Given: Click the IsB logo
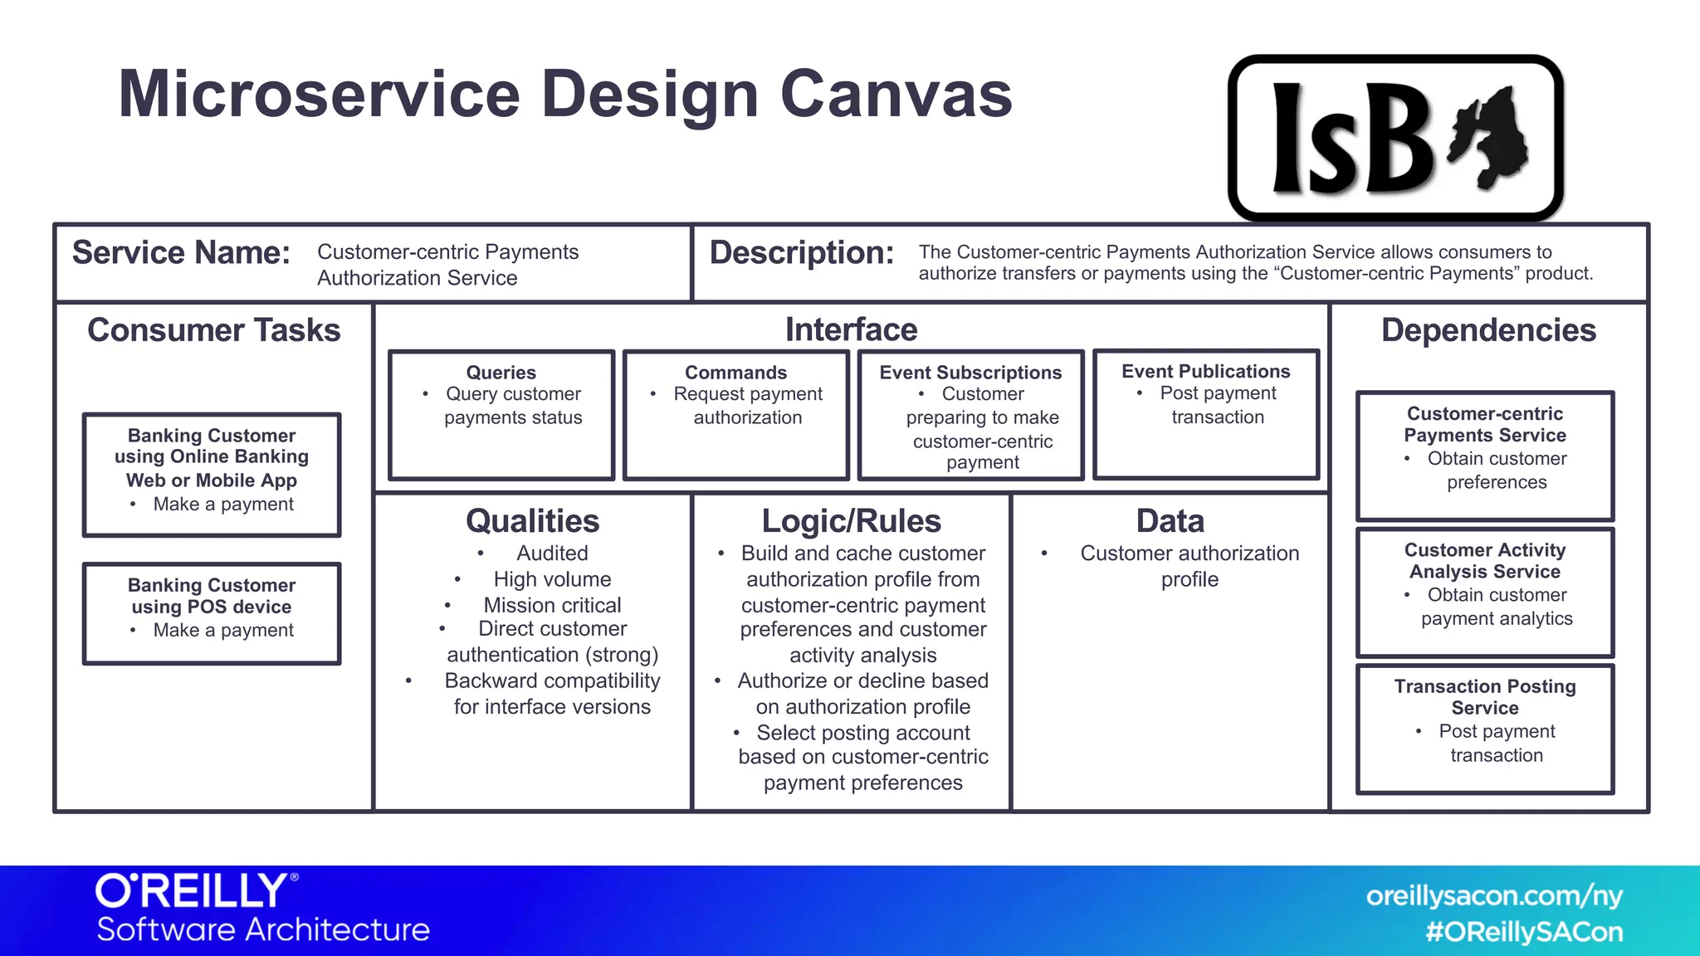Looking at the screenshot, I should pos(1395,138).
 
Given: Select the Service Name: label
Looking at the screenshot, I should pos(181,252).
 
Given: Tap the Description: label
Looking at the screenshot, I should pos(801,252).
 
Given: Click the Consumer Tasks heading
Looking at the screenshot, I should pos(213,330).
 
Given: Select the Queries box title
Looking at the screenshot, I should pos(501,373).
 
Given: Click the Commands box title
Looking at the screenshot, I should pos(735,373).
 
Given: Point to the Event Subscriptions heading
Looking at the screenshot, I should pos(970,373).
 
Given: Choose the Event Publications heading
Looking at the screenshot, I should pos(1205,371).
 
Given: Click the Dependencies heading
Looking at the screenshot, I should pos(1488,330).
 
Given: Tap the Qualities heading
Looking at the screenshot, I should pos(532,521).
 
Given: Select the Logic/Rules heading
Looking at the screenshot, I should pos(851,521).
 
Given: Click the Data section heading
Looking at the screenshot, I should pos(1170,521).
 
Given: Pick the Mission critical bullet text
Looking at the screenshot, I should pos(552,605).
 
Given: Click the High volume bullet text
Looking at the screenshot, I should pos(552,579).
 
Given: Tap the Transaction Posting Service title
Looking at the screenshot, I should pos(1484,697).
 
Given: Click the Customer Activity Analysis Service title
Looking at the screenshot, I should pos(1484,561).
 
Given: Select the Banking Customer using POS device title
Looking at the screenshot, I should pos(212,596).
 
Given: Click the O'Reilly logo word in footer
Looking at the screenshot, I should pos(193,891).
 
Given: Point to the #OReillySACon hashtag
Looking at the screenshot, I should pos(1523,932).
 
